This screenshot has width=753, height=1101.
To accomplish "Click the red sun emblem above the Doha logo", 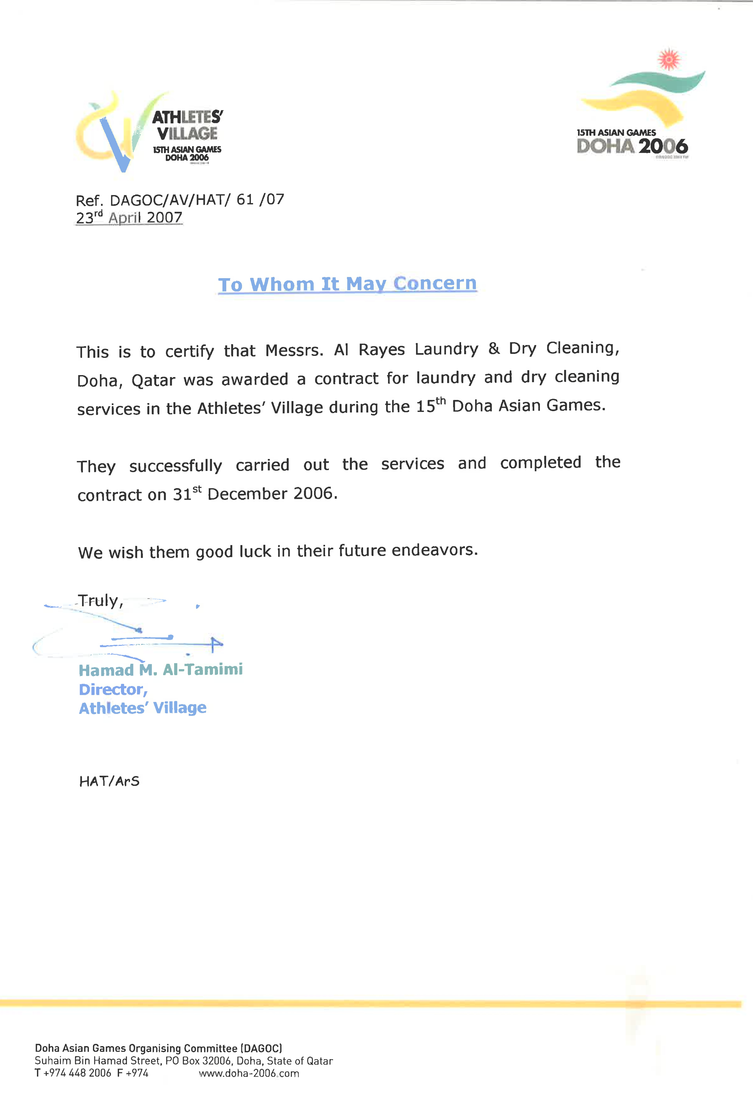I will (x=669, y=60).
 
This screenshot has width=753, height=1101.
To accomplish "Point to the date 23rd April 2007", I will (x=129, y=218).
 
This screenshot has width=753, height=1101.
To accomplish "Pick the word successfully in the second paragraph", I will (x=175, y=466).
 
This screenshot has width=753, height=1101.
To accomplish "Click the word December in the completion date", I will (x=246, y=494).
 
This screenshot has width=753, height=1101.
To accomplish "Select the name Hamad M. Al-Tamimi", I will (x=160, y=670).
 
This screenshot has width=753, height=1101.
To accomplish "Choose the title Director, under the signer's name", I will (x=113, y=689).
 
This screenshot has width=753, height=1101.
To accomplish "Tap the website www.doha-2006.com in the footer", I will (x=249, y=1073).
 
